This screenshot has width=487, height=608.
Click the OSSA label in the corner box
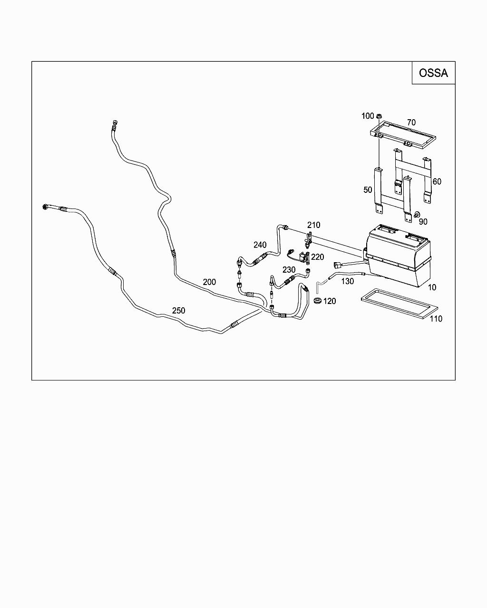tap(433, 73)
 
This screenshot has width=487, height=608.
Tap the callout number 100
tap(368, 116)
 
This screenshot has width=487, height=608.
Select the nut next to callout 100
tap(379, 116)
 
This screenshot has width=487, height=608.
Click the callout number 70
tap(411, 123)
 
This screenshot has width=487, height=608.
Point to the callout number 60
tap(437, 181)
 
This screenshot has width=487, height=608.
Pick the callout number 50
tap(368, 190)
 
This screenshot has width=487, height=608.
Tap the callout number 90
tap(423, 222)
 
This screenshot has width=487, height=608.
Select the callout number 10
tap(432, 287)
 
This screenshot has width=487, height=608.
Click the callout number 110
tap(436, 319)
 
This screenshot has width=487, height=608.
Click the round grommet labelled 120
tap(317, 300)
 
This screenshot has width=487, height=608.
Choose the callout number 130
tap(347, 281)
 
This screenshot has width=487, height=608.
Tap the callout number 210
tap(313, 225)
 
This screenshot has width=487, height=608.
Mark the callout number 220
tap(317, 257)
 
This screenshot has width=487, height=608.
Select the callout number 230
tap(289, 270)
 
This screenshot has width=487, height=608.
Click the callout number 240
tap(260, 245)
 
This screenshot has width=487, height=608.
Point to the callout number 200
tap(209, 282)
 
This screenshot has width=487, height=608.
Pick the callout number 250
tap(178, 311)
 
